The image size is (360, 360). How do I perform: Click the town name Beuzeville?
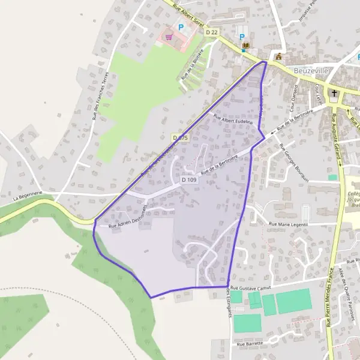(x=311, y=70)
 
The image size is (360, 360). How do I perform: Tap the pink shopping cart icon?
(x=169, y=37)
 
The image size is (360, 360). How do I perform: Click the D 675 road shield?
(x=180, y=138)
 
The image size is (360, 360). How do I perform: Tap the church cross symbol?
(x=334, y=93)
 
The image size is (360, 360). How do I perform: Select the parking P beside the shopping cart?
(x=180, y=26)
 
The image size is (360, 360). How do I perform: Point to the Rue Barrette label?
(x=250, y=344)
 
